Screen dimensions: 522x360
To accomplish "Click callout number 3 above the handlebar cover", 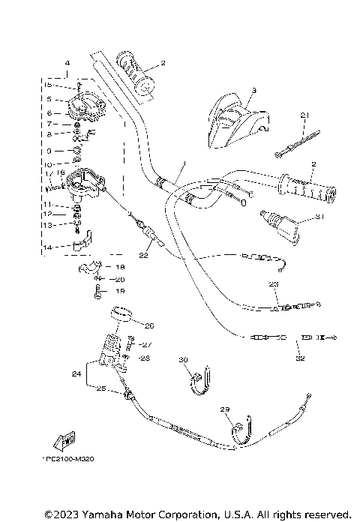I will pyautogui.click(x=253, y=91).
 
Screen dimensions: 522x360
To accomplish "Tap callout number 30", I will pyautogui.click(x=182, y=360).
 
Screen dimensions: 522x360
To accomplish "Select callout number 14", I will pyautogui.click(x=47, y=247).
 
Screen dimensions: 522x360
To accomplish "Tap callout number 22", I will pyautogui.click(x=143, y=255).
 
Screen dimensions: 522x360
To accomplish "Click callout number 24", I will pyautogui.click(x=76, y=373).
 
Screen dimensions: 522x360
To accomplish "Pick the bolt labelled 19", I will pyautogui.click(x=97, y=290).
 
